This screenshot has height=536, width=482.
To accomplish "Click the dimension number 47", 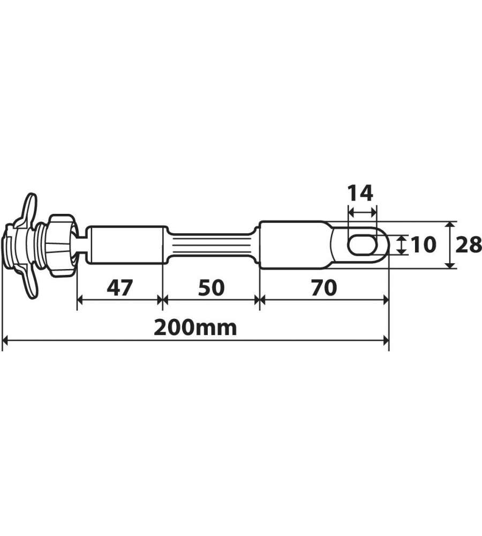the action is click(x=119, y=288).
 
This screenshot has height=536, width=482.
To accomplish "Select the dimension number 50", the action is click(x=211, y=288).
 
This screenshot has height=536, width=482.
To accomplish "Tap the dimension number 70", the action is click(x=324, y=288).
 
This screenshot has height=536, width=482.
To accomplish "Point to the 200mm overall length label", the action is click(x=195, y=327).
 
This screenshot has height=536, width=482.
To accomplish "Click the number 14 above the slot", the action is click(x=360, y=193).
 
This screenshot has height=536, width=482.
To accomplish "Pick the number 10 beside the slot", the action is click(x=424, y=244).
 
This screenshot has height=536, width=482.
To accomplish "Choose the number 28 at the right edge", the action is click(x=469, y=244).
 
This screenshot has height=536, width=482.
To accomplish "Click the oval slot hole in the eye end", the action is click(x=362, y=244).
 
